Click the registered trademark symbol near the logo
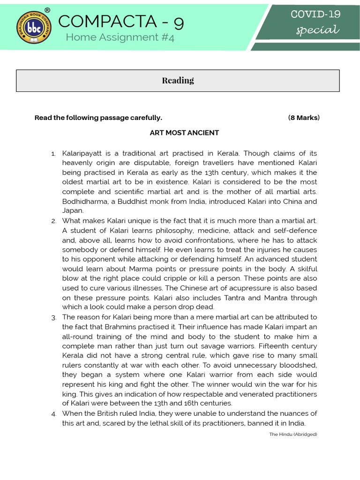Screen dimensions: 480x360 tap(47, 10)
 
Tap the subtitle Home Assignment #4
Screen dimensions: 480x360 tap(120, 37)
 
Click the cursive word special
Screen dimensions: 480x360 tap(317, 30)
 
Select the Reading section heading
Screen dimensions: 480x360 tap(178, 80)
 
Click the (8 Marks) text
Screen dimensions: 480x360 tap(304, 118)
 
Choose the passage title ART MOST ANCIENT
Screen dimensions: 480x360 tap(184, 133)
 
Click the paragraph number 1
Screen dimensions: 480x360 tap(53, 154)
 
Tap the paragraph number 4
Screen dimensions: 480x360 tap(54, 414)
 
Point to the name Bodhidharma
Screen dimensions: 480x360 tap(84, 202)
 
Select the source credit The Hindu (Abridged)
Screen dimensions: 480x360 tap(293, 435)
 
